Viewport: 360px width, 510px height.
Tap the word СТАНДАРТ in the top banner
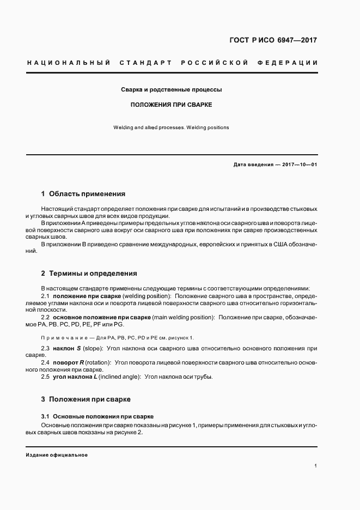(x=147, y=63)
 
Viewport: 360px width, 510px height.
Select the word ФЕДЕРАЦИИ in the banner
(x=291, y=63)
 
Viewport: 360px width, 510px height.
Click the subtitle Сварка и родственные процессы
(x=171, y=89)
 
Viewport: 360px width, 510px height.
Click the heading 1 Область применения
(x=83, y=194)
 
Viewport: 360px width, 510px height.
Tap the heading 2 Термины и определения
(x=89, y=274)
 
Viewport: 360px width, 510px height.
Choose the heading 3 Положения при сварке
(x=86, y=399)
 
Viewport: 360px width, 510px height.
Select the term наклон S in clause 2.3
(x=66, y=348)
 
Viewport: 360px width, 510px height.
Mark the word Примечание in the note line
(x=63, y=338)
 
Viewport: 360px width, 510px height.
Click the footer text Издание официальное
(x=57, y=455)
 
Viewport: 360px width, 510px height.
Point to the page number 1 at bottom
(x=315, y=466)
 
